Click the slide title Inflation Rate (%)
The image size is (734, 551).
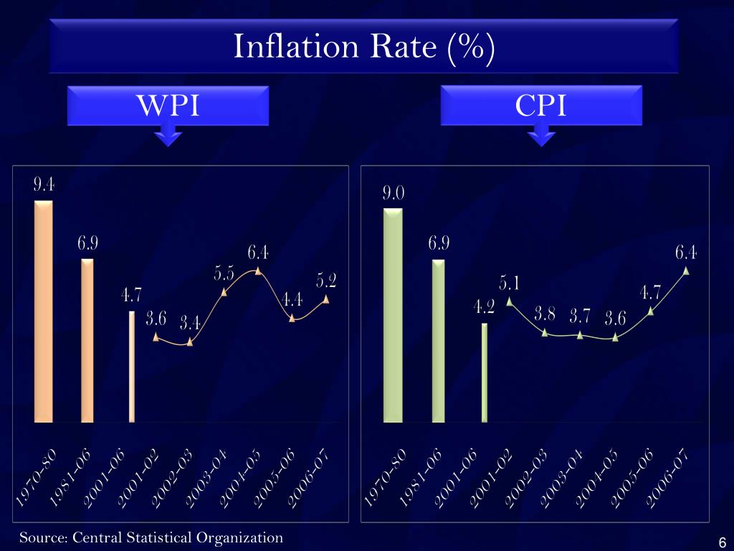point(363,47)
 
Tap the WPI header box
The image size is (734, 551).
point(168,105)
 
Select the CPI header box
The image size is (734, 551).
point(540,105)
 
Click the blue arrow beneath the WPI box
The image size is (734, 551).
point(168,134)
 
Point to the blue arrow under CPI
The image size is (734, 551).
point(541,134)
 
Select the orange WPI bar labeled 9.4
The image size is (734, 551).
point(44,311)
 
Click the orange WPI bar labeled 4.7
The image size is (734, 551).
point(132,366)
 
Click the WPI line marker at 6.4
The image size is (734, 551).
point(258,270)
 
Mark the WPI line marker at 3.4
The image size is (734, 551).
point(190,342)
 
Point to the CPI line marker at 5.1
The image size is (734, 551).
point(510,301)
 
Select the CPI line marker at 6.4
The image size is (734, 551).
point(686,270)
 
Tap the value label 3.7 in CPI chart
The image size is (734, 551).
point(581,316)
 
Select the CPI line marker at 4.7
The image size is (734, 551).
point(651,311)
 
